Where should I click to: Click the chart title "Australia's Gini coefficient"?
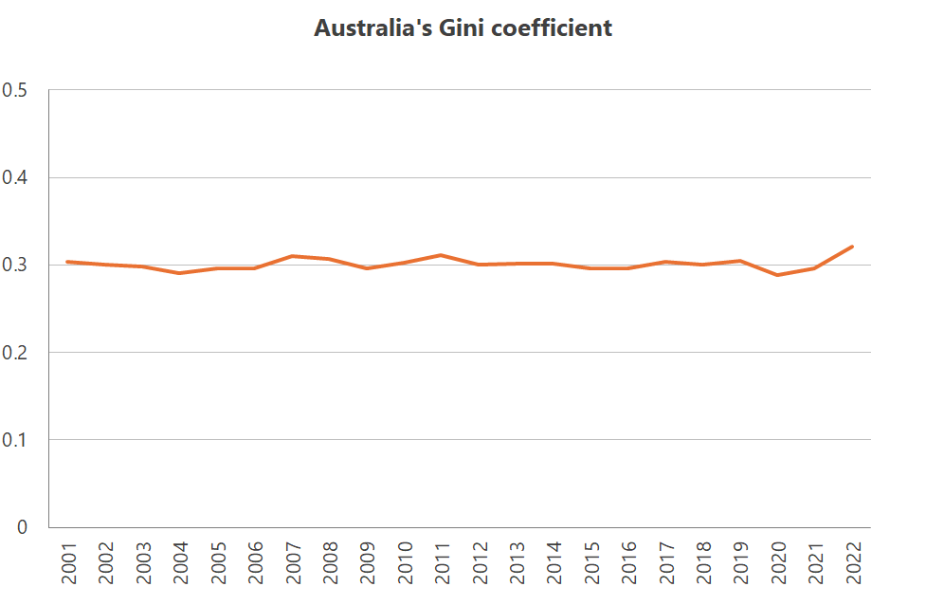click(463, 28)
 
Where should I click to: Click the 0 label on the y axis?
click(22, 527)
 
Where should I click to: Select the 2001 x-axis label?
click(68, 562)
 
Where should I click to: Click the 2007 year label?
click(293, 562)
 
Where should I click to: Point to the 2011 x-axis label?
click(442, 562)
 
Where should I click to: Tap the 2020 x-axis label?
click(778, 562)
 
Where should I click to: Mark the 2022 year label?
click(853, 562)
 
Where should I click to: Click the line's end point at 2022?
click(853, 247)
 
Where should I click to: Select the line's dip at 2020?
click(778, 275)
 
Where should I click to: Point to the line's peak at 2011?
click(442, 255)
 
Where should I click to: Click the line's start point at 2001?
click(67, 262)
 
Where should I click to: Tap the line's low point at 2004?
click(180, 273)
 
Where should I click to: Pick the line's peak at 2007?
click(293, 256)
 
